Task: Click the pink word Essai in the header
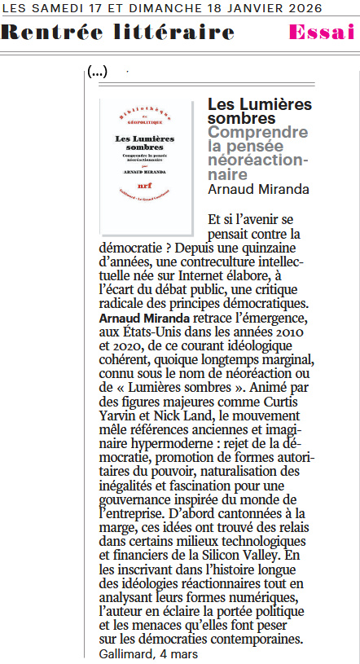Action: [x=323, y=33]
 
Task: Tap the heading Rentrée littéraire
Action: [x=118, y=33]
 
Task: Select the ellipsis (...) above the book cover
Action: [x=98, y=72]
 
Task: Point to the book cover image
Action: [x=147, y=164]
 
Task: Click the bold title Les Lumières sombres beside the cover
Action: [x=260, y=112]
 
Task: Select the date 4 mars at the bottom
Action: [x=180, y=653]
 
